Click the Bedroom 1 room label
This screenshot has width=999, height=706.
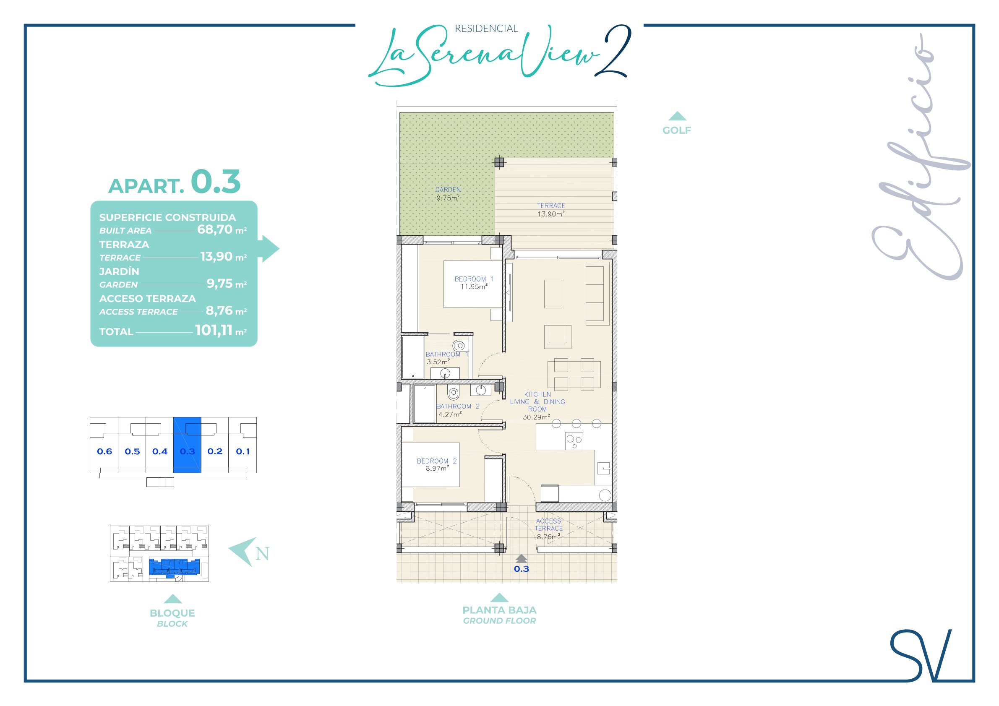[474, 279]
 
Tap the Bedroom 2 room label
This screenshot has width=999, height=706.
[436, 461]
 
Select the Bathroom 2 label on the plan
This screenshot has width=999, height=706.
[458, 406]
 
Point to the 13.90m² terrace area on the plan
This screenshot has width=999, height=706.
[551, 214]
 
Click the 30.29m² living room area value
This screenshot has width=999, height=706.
[536, 417]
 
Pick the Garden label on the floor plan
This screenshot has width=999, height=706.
[448, 190]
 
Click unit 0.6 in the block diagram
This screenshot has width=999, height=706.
[104, 451]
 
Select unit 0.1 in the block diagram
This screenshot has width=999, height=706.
[243, 451]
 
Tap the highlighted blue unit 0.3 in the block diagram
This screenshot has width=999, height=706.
[187, 445]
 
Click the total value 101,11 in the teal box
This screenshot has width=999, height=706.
[214, 330]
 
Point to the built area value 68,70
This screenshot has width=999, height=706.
[215, 229]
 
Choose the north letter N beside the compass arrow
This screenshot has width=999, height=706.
[262, 554]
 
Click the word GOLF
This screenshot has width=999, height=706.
[677, 130]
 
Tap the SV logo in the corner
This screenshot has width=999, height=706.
[921, 656]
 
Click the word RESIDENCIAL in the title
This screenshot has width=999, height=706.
[486, 29]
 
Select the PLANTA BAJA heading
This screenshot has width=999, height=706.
[499, 610]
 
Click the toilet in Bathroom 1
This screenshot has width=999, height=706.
[459, 346]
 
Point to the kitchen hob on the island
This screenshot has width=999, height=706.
[574, 441]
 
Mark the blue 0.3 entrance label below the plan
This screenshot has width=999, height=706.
[521, 569]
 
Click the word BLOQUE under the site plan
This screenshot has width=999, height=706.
[172, 613]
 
